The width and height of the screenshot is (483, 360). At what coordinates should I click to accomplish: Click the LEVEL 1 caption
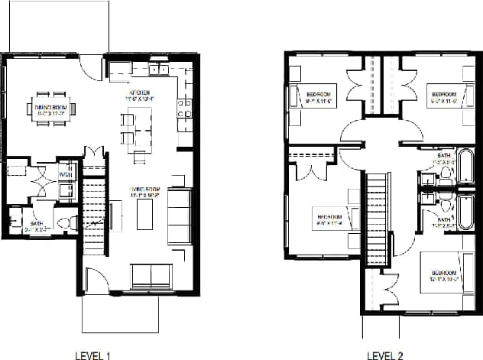click(95, 355)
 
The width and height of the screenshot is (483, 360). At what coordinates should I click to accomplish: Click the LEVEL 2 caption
click(385, 355)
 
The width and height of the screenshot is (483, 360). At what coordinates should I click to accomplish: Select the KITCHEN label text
click(140, 93)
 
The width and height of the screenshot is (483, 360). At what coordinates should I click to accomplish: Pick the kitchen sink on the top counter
click(159, 70)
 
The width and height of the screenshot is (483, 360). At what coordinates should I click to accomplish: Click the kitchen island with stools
click(137, 131)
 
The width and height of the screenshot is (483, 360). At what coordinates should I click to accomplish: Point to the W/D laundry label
click(66, 175)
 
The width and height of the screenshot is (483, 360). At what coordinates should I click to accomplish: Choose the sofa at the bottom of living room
click(150, 275)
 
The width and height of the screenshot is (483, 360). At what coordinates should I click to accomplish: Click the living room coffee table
click(145, 216)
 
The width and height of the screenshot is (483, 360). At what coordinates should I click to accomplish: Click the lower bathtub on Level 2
click(465, 211)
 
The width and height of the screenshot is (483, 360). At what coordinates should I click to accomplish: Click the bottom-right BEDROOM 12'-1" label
click(443, 276)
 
